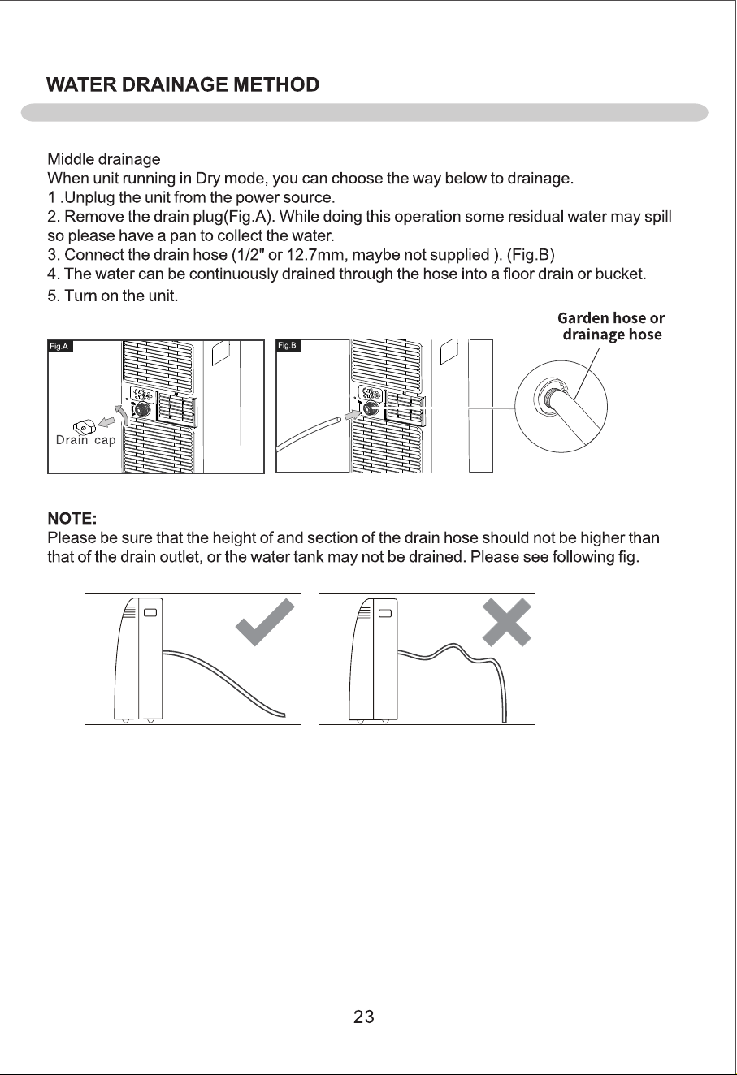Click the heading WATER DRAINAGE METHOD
click(x=183, y=85)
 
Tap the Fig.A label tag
click(x=60, y=347)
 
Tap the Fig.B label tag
click(x=288, y=346)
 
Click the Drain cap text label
click(x=86, y=440)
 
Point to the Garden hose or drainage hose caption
click(x=611, y=326)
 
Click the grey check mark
click(x=265, y=622)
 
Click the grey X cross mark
click(x=506, y=623)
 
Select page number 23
click(x=364, y=1017)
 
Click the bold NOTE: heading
click(x=72, y=518)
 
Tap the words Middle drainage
click(x=104, y=159)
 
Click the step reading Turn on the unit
click(x=113, y=296)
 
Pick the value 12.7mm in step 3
click(x=315, y=255)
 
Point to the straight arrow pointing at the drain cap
click(x=106, y=422)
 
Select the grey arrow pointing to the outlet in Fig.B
click(x=353, y=414)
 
